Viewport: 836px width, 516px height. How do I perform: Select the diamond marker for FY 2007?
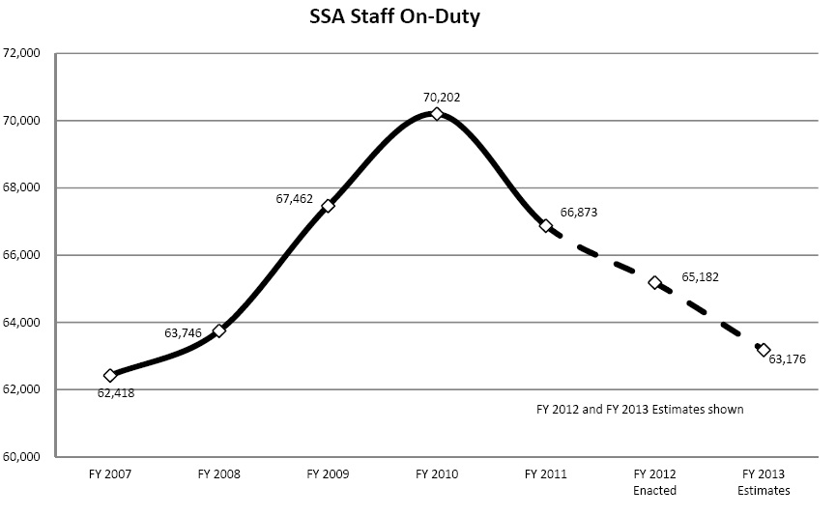click(109, 375)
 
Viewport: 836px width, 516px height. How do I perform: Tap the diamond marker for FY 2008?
click(219, 330)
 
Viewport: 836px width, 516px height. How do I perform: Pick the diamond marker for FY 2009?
click(328, 206)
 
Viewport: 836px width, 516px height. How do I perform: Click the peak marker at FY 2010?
click(437, 114)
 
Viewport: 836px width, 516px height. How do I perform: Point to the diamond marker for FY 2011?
click(546, 225)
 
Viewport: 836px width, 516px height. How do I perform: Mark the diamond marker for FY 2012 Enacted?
click(654, 282)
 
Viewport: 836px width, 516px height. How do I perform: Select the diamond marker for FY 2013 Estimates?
click(764, 350)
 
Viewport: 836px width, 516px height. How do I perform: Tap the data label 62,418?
click(116, 392)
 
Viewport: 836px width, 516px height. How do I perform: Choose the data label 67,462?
click(295, 199)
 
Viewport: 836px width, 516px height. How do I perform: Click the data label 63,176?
click(787, 358)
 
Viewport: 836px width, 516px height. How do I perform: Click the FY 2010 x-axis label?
click(437, 474)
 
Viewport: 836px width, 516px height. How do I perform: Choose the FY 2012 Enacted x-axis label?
click(654, 482)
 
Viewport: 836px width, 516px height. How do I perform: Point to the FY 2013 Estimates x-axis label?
click(764, 482)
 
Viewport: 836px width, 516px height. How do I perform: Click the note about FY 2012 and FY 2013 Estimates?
click(640, 409)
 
